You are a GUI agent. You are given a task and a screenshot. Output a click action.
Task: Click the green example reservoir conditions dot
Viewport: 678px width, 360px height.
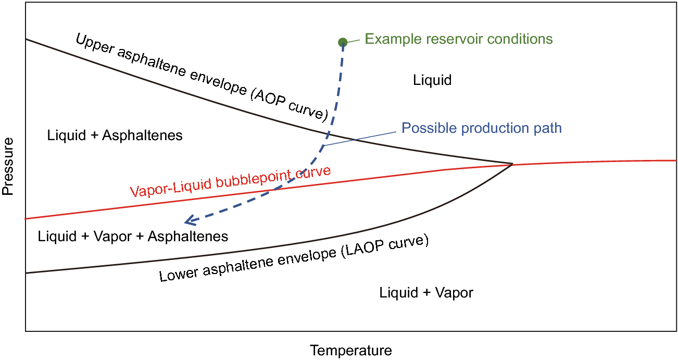tap(342, 42)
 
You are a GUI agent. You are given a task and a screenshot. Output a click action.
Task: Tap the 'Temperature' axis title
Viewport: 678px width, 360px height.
tap(350, 351)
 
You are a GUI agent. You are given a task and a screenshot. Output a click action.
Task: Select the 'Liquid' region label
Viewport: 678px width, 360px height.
tap(432, 80)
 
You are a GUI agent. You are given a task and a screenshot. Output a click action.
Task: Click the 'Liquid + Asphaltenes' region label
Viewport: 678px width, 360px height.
tap(115, 135)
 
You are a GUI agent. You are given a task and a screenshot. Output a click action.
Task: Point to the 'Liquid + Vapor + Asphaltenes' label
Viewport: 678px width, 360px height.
tap(133, 236)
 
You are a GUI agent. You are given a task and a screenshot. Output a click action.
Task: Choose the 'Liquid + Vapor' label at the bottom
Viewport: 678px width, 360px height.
tap(426, 292)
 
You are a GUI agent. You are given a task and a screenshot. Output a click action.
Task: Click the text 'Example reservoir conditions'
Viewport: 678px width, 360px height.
tap(458, 39)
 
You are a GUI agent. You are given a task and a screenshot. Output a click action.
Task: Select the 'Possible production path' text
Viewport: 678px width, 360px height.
tap(482, 128)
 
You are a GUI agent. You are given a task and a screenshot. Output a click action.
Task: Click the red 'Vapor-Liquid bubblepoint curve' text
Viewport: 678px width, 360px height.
tap(230, 182)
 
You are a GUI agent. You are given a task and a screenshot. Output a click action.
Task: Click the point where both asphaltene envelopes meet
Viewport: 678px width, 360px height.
tap(512, 164)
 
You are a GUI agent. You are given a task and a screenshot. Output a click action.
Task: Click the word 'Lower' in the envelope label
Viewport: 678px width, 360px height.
tap(177, 272)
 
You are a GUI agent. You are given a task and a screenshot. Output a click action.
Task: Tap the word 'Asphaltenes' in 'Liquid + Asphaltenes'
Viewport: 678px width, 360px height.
tap(142, 135)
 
